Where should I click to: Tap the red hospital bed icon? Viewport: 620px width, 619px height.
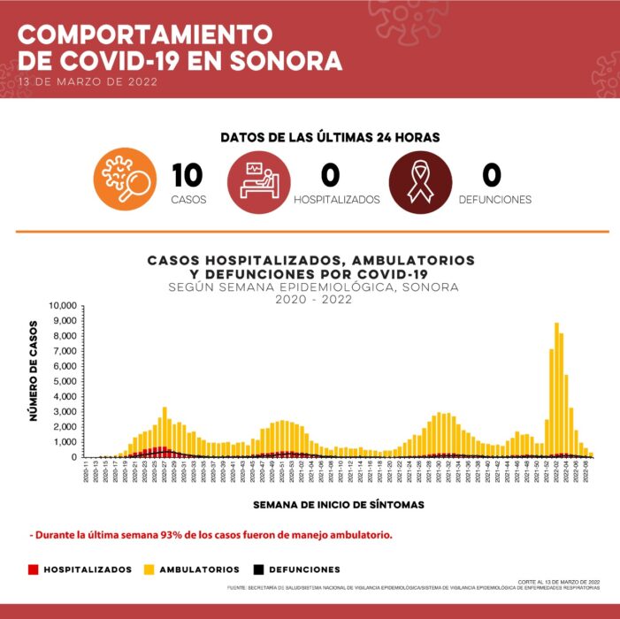(259, 182)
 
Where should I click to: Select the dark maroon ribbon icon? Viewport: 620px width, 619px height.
(420, 182)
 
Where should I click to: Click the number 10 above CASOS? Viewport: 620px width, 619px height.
(188, 175)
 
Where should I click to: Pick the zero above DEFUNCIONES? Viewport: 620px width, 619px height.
(494, 175)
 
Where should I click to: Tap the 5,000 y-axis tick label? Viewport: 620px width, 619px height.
(66, 382)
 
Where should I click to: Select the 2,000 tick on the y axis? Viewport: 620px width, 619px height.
(66, 427)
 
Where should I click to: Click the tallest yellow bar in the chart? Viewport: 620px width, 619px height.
(556, 389)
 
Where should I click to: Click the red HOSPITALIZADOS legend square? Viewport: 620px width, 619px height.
(34, 569)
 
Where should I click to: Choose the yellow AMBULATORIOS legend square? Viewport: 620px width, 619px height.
(147, 569)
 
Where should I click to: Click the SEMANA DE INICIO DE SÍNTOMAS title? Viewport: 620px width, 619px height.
(339, 505)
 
